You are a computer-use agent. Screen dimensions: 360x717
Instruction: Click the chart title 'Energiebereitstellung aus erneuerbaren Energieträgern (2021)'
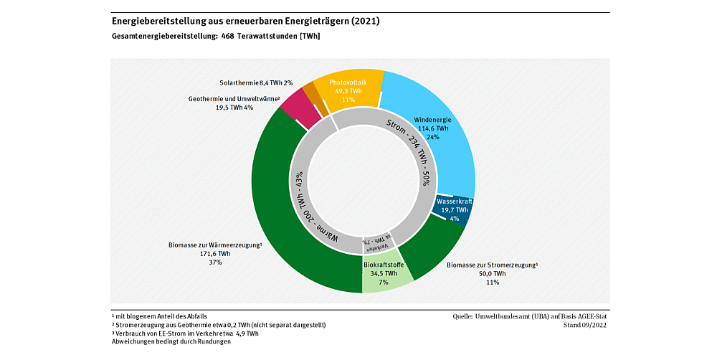pyautogui.click(x=246, y=22)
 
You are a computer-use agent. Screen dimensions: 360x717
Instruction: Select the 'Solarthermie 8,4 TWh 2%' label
pyautogui.click(x=256, y=83)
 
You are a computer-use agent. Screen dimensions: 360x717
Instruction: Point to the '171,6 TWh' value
pyautogui.click(x=214, y=254)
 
